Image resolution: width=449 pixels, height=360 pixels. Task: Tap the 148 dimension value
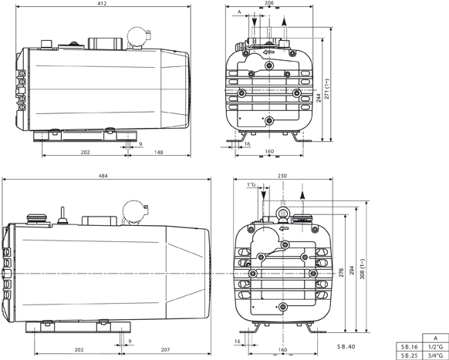157,152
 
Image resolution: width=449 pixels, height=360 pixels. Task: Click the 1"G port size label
252,185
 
